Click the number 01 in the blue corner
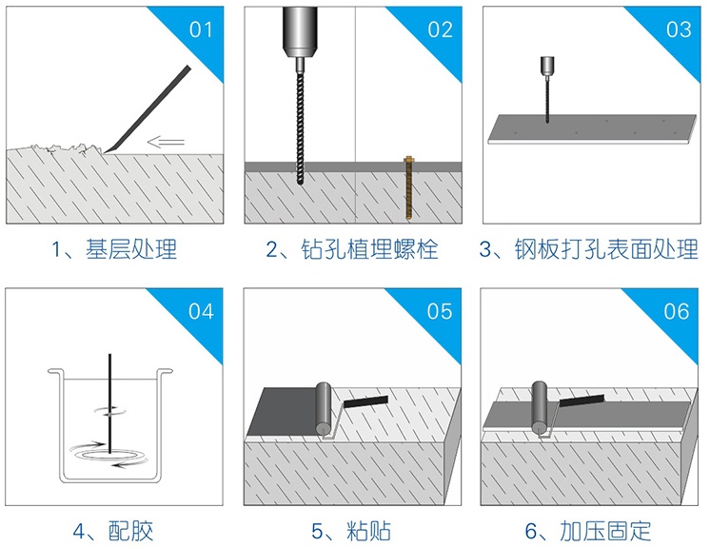point(201,29)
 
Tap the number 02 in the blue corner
point(440,29)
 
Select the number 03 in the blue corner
point(679,29)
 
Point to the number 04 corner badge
point(201,311)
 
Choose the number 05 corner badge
point(439,311)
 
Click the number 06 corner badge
point(677,311)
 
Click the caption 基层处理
point(130,249)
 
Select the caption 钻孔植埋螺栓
point(369,249)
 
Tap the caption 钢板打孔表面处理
point(606,249)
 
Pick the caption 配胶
point(130,531)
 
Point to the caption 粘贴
point(368,531)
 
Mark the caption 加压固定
point(605,531)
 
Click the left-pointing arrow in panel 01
point(166,142)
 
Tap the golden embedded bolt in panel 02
point(408,187)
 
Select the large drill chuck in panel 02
point(299,31)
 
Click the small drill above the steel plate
point(547,89)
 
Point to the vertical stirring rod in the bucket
point(109,403)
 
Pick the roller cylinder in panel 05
point(324,409)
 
